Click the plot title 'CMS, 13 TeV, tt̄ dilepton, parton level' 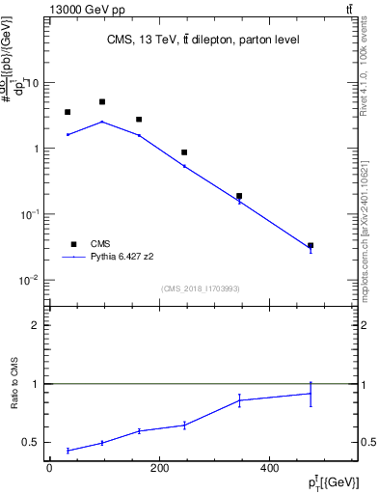click(203, 40)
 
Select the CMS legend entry click(90, 244)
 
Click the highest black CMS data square click(102, 101)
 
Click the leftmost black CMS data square click(68, 112)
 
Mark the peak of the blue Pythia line click(102, 122)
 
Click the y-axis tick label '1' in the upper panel click(36, 149)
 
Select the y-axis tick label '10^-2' click(30, 280)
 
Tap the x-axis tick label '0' click(49, 469)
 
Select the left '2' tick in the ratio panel click(36, 325)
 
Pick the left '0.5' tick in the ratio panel click(32, 442)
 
